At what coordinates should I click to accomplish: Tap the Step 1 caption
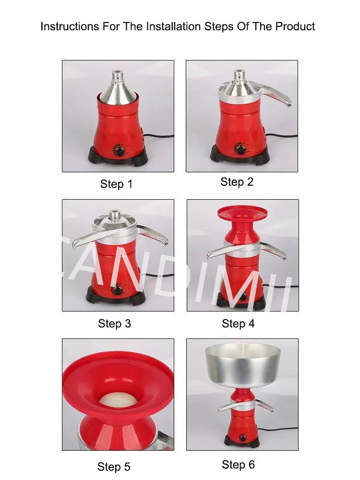pyautogui.click(x=116, y=184)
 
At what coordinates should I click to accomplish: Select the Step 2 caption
pyautogui.click(x=237, y=182)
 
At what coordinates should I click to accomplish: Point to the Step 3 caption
pyautogui.click(x=114, y=324)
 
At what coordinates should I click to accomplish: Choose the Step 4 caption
pyautogui.click(x=238, y=324)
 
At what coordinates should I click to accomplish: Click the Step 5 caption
pyautogui.click(x=114, y=467)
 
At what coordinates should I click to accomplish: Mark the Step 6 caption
pyautogui.click(x=238, y=465)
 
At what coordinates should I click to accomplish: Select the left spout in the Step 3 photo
pyautogui.click(x=82, y=239)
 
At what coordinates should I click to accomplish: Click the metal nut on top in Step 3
pyautogui.click(x=115, y=215)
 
